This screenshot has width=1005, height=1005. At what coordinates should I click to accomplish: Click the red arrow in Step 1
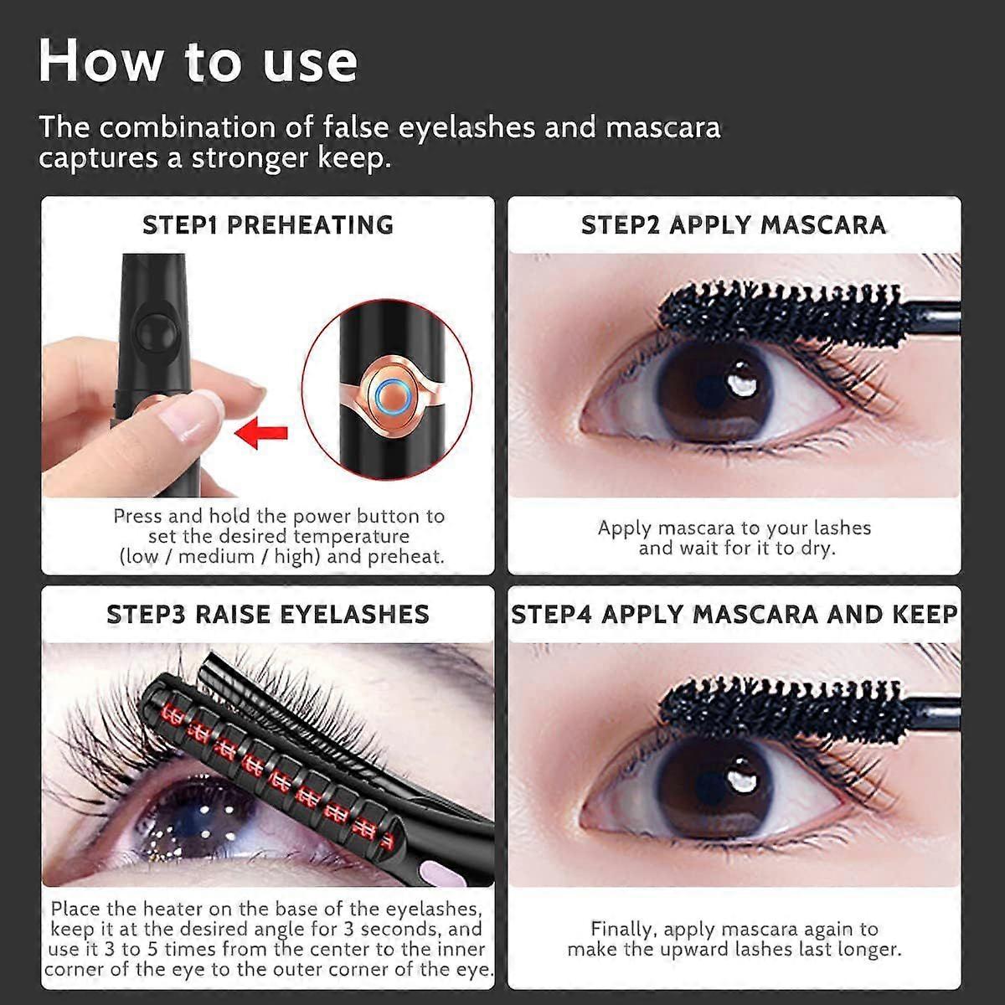[x=260, y=432]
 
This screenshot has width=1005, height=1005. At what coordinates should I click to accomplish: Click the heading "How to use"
[x=198, y=61]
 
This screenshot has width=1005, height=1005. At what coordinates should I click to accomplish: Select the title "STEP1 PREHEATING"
[x=268, y=224]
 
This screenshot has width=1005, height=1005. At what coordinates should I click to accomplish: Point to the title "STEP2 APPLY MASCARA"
[x=734, y=224]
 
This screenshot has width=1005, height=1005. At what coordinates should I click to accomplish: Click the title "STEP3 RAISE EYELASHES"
[x=268, y=614]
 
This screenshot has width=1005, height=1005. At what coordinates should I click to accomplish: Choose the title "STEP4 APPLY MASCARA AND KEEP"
[x=734, y=614]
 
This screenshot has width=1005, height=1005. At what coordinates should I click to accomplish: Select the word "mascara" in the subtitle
[x=662, y=126]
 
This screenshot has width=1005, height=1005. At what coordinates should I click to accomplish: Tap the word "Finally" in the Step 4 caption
[x=621, y=929]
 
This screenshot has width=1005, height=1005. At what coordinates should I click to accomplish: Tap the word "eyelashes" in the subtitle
[x=466, y=126]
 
